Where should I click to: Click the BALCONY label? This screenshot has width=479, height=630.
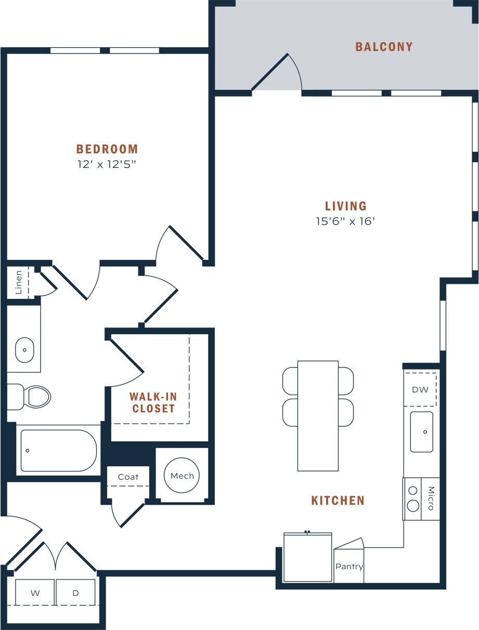point(384,47)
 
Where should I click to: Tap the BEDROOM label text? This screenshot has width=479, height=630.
point(107,149)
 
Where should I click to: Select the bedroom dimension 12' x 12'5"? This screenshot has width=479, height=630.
point(107,165)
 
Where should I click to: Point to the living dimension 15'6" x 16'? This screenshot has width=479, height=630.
point(345,221)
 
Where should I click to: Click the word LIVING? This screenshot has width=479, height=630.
point(346,206)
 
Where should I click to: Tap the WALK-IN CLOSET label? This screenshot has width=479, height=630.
point(153,403)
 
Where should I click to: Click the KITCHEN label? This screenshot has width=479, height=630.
point(338,501)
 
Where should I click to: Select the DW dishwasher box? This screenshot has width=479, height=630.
point(420,389)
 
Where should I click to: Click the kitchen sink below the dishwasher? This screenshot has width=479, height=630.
point(421,431)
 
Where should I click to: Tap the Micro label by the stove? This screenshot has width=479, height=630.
point(431,498)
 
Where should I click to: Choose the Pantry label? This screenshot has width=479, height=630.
point(349,567)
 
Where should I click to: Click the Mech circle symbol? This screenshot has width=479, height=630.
point(182,476)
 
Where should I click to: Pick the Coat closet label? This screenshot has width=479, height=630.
point(128,477)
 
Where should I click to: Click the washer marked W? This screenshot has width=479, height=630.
point(35,593)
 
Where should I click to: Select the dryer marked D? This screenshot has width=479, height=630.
point(75,593)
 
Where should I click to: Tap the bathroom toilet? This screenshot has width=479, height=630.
point(35,397)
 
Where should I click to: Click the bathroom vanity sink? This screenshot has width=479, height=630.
point(24,350)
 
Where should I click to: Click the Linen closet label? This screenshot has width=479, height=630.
point(18,282)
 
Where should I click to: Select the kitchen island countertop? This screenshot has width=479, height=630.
point(318,416)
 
